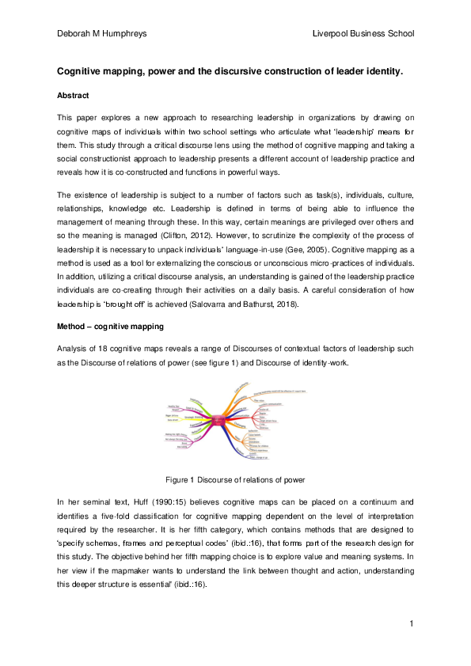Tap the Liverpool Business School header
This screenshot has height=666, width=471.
coord(363,33)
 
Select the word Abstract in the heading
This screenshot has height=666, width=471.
coord(73,96)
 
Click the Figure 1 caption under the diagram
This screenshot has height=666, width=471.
coord(234,480)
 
